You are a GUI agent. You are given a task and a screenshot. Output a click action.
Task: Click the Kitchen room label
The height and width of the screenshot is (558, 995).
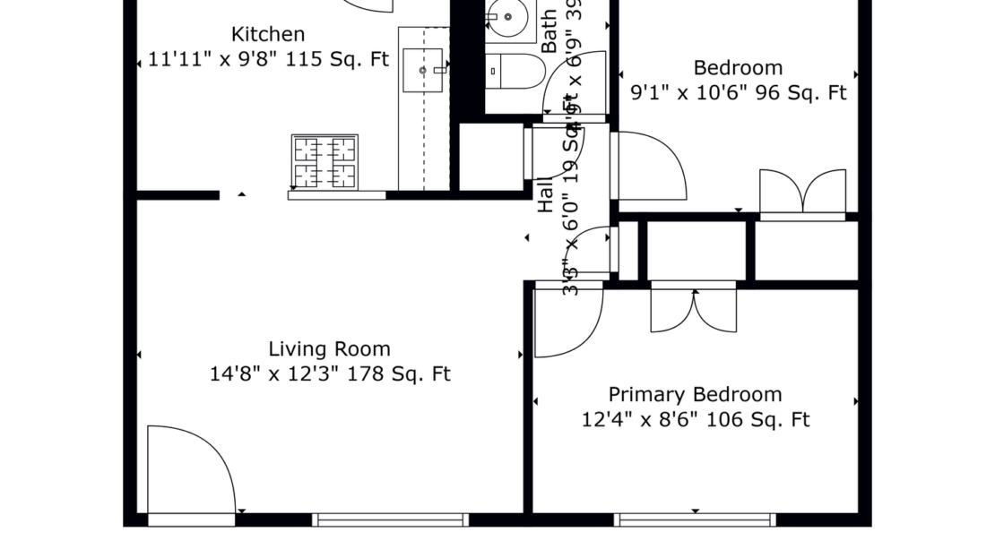(268, 35)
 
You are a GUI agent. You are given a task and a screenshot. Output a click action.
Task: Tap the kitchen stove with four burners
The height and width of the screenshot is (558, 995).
(324, 161)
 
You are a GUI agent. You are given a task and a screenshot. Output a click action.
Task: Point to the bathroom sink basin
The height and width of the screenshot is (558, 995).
(508, 15)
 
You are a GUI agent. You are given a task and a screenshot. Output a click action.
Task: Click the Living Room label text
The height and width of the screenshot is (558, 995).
(329, 349)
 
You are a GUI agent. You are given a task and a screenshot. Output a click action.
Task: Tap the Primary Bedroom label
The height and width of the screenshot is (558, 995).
(695, 395)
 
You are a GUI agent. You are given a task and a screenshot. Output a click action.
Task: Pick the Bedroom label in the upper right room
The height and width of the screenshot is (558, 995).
(738, 68)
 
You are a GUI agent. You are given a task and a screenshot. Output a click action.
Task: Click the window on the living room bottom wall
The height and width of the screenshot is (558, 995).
(390, 519)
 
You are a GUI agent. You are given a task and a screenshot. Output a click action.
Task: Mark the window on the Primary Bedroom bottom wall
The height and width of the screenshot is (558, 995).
(695, 519)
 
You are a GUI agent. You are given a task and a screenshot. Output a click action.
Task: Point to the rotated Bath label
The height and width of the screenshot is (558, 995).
(549, 29)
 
